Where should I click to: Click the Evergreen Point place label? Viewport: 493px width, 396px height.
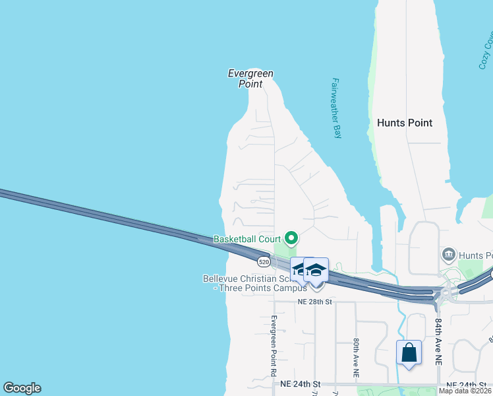(250, 79)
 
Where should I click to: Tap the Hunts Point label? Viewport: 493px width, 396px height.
(405, 123)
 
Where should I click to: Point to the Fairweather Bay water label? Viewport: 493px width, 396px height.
(336, 108)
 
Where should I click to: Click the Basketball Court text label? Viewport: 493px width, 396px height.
(247, 239)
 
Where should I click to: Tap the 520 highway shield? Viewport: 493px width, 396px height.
(264, 262)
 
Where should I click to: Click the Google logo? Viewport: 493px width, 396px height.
(22, 388)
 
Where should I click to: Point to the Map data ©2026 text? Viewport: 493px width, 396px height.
(465, 391)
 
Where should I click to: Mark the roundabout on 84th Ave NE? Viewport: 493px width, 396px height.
(448, 292)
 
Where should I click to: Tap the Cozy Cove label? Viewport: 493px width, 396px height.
(486, 53)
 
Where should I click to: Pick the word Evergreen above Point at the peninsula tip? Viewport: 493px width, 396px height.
(250, 74)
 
